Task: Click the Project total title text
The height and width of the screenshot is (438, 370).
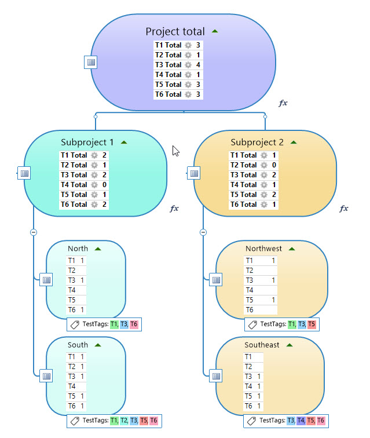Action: (175, 31)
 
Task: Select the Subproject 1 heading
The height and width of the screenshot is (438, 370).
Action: (87, 142)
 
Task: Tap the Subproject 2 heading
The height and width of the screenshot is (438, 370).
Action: (257, 142)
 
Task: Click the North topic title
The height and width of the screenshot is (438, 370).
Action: (78, 249)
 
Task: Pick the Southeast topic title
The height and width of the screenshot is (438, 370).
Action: (262, 345)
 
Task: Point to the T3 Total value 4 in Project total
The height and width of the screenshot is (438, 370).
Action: (198, 64)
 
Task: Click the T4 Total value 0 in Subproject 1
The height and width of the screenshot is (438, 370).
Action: (104, 185)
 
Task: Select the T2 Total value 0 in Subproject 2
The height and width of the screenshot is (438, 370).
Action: (274, 165)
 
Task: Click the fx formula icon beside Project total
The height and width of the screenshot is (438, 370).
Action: (283, 103)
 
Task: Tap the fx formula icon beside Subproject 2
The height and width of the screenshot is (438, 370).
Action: (344, 208)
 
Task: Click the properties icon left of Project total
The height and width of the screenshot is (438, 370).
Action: (91, 62)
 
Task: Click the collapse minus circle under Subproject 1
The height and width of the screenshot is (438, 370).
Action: (34, 232)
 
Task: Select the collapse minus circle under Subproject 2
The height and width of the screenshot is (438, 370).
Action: (203, 232)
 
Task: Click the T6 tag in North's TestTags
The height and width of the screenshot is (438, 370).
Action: (134, 324)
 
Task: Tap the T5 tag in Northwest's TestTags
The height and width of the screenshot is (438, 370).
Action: (312, 324)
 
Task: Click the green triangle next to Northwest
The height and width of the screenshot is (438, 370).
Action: (292, 249)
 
